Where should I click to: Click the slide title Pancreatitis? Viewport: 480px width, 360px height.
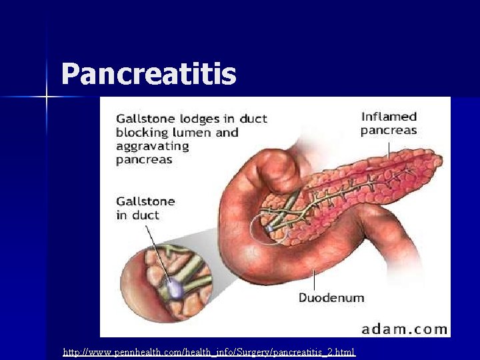pyautogui.click(x=148, y=74)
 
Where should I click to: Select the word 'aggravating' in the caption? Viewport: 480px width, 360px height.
pyautogui.click(x=152, y=146)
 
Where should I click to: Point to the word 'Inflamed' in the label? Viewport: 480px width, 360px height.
pyautogui.click(x=389, y=117)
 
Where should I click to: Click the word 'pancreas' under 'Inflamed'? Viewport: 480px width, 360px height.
pyautogui.click(x=389, y=130)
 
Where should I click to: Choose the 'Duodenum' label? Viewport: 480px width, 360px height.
pyautogui.click(x=331, y=297)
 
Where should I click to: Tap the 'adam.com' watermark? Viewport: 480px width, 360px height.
pyautogui.click(x=404, y=328)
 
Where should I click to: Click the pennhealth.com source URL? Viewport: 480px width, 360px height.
pyautogui.click(x=209, y=351)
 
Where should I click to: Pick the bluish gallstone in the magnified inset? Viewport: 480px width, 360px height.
pyautogui.click(x=175, y=288)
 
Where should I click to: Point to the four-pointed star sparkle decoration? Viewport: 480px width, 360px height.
pyautogui.click(x=47, y=97)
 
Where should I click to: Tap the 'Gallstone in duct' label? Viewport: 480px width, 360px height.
pyautogui.click(x=145, y=207)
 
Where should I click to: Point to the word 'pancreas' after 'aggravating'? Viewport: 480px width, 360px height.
pyautogui.click(x=144, y=159)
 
